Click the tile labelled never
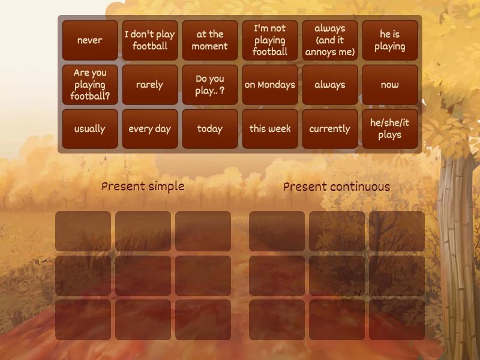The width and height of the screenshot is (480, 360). (x=90, y=40)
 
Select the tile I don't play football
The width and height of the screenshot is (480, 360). (x=150, y=40)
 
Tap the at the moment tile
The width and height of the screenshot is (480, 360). (x=210, y=40)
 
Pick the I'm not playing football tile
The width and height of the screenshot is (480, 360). (x=270, y=40)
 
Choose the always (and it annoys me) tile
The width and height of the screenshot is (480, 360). (x=330, y=40)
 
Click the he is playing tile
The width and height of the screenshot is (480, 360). (x=390, y=40)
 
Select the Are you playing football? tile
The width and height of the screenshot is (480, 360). (x=90, y=85)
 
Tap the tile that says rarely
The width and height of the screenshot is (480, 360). (x=150, y=85)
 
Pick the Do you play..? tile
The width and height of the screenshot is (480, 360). (x=210, y=85)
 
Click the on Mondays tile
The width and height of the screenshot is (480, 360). (x=270, y=85)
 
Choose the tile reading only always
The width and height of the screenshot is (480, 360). (x=330, y=85)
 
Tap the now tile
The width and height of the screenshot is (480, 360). (x=390, y=85)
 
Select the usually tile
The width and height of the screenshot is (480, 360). (x=90, y=128)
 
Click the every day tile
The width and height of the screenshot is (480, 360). (x=150, y=128)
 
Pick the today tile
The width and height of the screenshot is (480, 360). (x=210, y=128)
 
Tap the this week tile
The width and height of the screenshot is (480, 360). (x=270, y=128)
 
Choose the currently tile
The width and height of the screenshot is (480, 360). (x=330, y=128)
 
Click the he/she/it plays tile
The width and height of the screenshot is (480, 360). (x=390, y=128)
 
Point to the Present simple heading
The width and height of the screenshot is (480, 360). (x=143, y=186)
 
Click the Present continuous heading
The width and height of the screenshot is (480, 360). (x=337, y=187)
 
